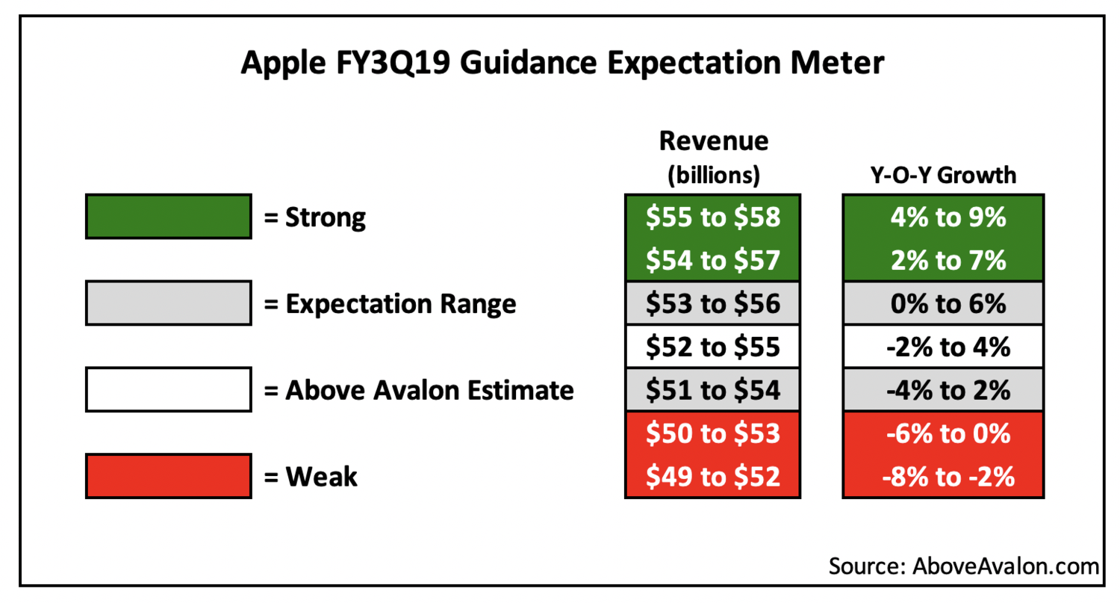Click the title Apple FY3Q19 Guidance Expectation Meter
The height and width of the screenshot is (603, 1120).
[x=561, y=64]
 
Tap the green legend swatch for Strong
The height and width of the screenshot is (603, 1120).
[x=167, y=217]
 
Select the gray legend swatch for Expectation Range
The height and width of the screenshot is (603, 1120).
[x=167, y=303]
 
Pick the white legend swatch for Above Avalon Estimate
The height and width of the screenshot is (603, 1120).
[x=167, y=389]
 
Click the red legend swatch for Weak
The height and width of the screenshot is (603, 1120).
[x=167, y=476]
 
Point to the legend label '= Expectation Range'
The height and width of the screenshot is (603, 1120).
[x=389, y=304]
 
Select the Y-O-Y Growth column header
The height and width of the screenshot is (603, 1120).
[x=944, y=176]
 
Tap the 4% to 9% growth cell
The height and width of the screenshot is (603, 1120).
[x=944, y=217]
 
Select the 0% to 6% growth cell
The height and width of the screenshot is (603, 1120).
[x=944, y=304]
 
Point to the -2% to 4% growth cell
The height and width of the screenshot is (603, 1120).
[x=944, y=347]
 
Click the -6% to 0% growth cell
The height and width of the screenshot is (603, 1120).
[x=944, y=433]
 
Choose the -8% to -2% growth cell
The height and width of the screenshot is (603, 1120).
[x=944, y=476]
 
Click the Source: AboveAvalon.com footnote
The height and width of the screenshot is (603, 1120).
[x=963, y=565]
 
